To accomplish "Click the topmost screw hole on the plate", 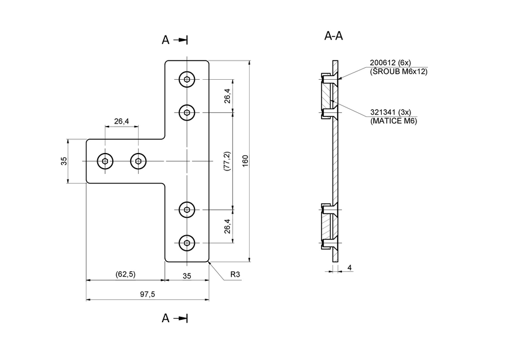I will pyautogui.click(x=188, y=79).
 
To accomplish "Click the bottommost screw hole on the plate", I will pyautogui.click(x=188, y=243).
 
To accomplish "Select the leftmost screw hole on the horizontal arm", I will pyautogui.click(x=106, y=161).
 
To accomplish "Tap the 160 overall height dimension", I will pyautogui.click(x=245, y=161).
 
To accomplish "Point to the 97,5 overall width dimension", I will pyautogui.click(x=148, y=294).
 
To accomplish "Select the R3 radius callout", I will pyautogui.click(x=236, y=274).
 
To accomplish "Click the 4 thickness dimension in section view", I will pyautogui.click(x=349, y=268).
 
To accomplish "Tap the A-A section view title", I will pyautogui.click(x=334, y=36).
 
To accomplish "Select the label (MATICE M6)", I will pyautogui.click(x=394, y=121).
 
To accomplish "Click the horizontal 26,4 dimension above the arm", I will pyautogui.click(x=121, y=122).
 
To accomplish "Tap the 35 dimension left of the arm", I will pyautogui.click(x=64, y=161).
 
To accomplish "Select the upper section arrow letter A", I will pyautogui.click(x=166, y=40).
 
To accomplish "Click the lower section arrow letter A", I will pyautogui.click(x=166, y=318).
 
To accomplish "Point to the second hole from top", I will pyautogui.click(x=188, y=112).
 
